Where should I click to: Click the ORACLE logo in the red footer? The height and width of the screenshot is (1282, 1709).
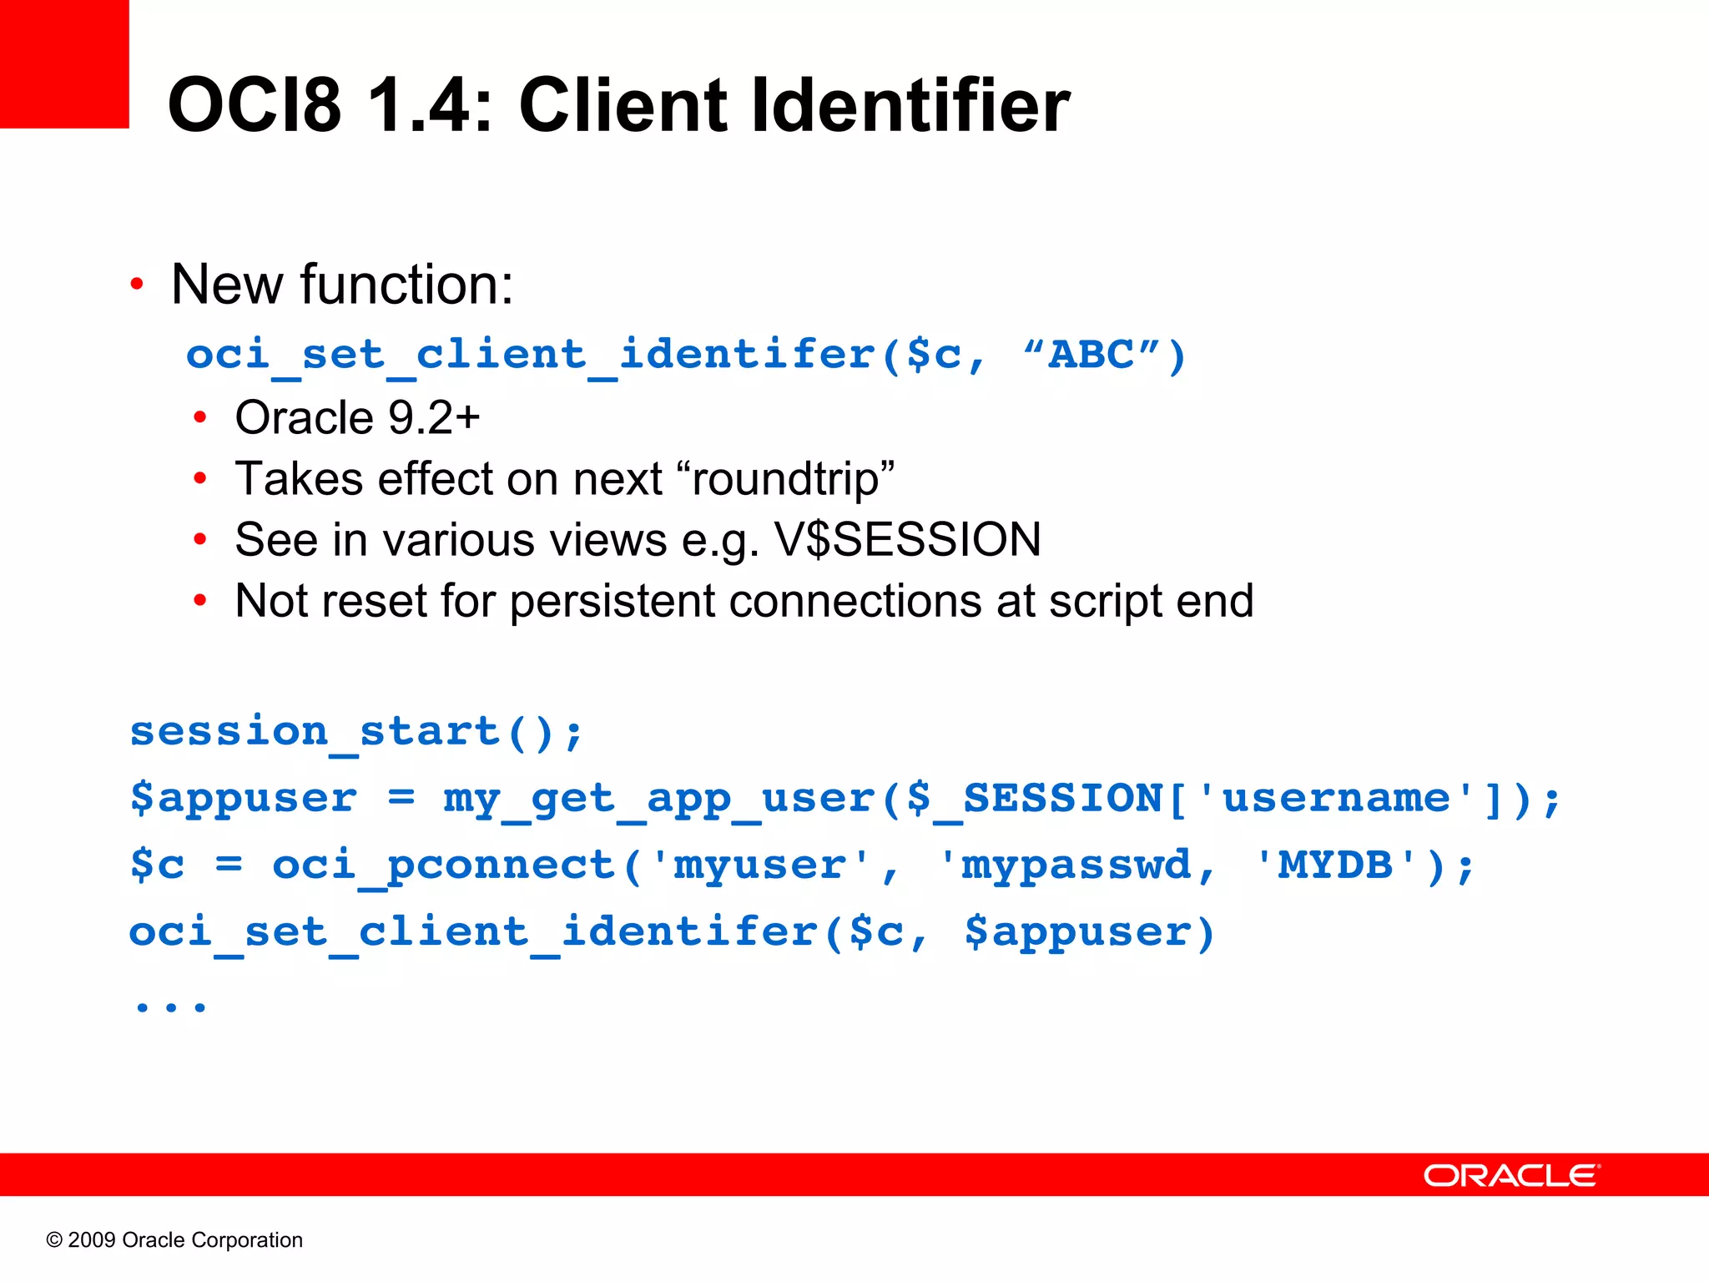coord(1511,1175)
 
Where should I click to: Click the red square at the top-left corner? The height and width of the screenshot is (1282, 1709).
coord(64,64)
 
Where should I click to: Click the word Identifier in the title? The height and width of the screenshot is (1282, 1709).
coord(910,105)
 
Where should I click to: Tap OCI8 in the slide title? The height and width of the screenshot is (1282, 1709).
coord(255,105)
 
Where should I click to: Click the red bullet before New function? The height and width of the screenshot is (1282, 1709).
coord(137,285)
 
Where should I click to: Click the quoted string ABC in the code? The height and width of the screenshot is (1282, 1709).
coord(1091,354)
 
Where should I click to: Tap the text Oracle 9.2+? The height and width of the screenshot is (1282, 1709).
coord(357,417)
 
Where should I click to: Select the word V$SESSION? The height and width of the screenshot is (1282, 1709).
coord(908,540)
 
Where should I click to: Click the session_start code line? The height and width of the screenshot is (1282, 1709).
coord(356,732)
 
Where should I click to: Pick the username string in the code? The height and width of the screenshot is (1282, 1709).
coord(1335,798)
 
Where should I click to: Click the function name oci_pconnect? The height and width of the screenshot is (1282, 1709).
coord(445,865)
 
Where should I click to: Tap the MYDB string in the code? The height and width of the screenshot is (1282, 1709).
coord(1335,865)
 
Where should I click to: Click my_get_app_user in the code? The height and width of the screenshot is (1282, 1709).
coord(659,799)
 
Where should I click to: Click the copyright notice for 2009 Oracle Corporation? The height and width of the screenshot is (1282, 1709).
coord(174,1240)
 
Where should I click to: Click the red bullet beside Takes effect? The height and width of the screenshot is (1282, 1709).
coord(200,479)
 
